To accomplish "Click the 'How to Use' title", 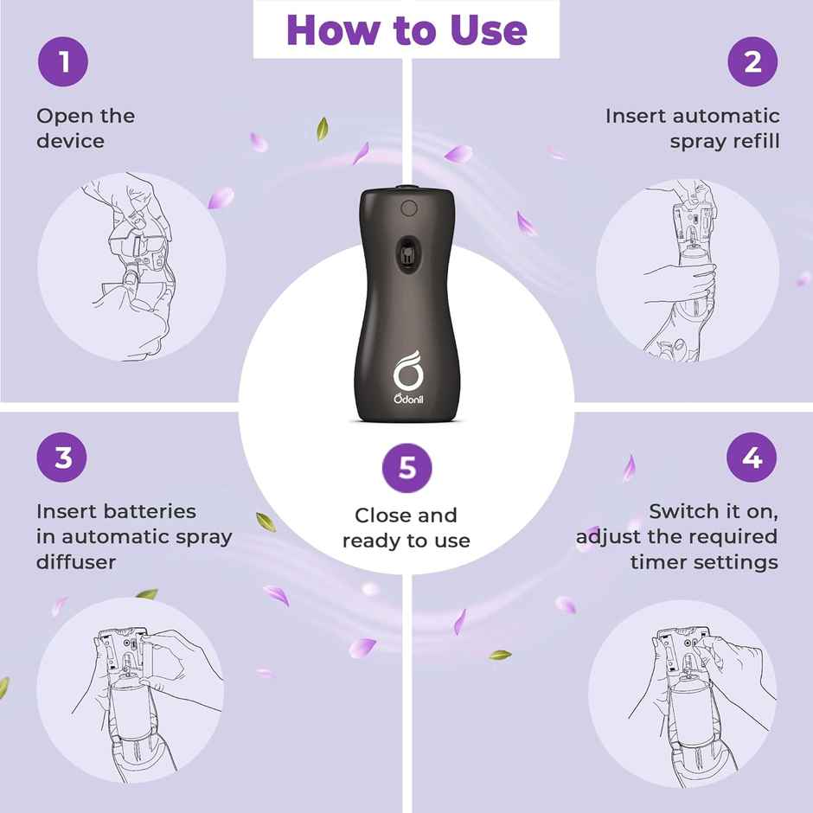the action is coord(406,30).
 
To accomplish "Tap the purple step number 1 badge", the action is coord(63,61).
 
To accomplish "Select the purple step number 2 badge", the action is coord(752,61).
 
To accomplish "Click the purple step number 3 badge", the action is coord(62,458).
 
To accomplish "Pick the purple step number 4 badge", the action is coord(752,458).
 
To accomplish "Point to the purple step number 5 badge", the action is coord(407,468).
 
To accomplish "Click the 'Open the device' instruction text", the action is coord(86,128).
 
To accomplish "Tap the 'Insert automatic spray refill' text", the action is coord(693,128).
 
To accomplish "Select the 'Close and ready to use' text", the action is coord(406,528).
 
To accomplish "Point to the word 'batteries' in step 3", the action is coord(150,511).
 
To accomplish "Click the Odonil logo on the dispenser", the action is coord(408,377).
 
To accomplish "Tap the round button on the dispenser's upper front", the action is coord(409,208).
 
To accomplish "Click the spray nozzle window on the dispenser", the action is coord(408,255).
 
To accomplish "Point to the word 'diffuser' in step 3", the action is coord(76,562).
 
